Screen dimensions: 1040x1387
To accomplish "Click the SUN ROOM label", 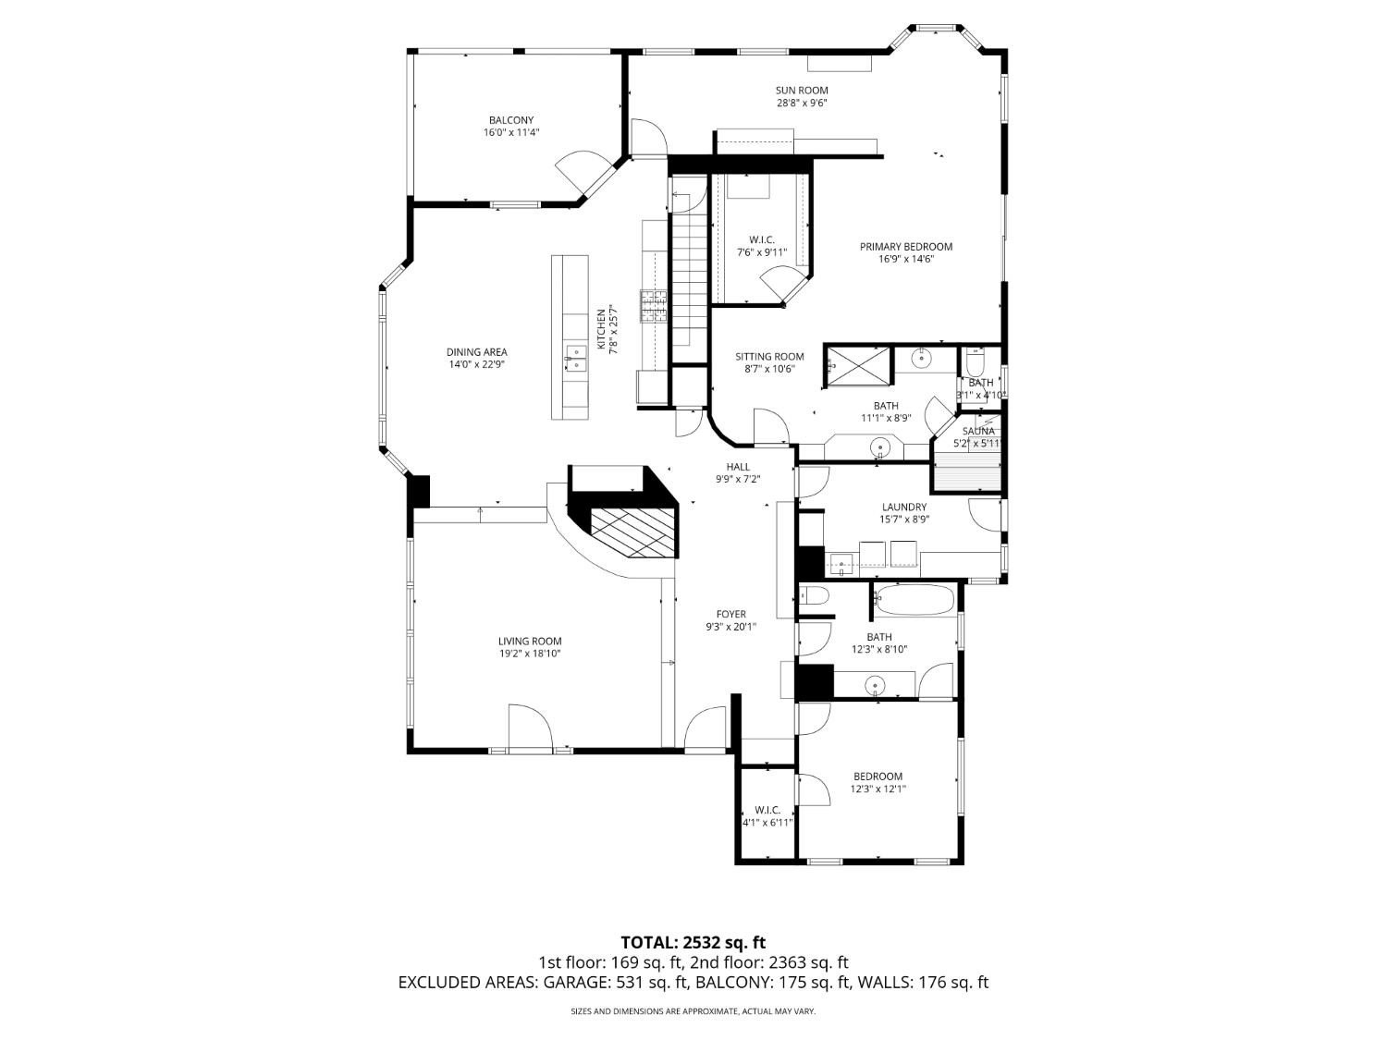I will tap(801, 91).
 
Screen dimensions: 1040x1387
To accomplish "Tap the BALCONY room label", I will tap(510, 120).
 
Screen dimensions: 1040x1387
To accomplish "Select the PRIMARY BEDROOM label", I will tap(905, 247).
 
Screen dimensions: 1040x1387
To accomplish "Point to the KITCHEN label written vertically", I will tap(600, 329).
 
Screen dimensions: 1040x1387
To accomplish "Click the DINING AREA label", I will tap(476, 352).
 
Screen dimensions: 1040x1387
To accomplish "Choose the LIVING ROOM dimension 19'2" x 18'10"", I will tap(529, 654).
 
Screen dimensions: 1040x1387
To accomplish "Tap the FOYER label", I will tap(730, 614).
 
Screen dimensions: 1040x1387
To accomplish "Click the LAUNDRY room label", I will tap(903, 507).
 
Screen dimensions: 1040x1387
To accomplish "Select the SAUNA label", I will tap(978, 431).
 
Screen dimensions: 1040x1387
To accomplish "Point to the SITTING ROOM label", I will tap(769, 357).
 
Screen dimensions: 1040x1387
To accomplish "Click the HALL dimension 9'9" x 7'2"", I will tap(737, 480).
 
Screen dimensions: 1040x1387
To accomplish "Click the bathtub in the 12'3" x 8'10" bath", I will tap(914, 602).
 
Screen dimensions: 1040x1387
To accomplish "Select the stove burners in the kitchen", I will tap(653, 306).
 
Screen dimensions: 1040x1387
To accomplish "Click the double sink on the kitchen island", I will tap(575, 359).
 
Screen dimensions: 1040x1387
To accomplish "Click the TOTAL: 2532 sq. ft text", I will tap(693, 943).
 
